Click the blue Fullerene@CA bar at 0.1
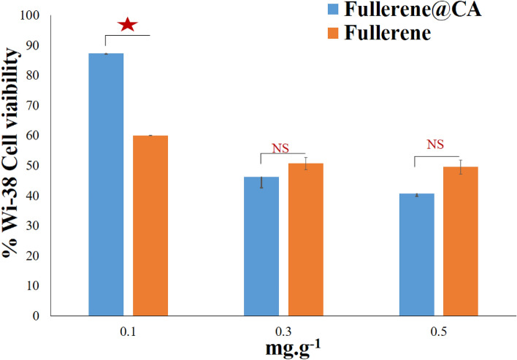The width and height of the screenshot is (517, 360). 106,184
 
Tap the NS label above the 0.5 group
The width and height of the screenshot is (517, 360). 436,144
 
